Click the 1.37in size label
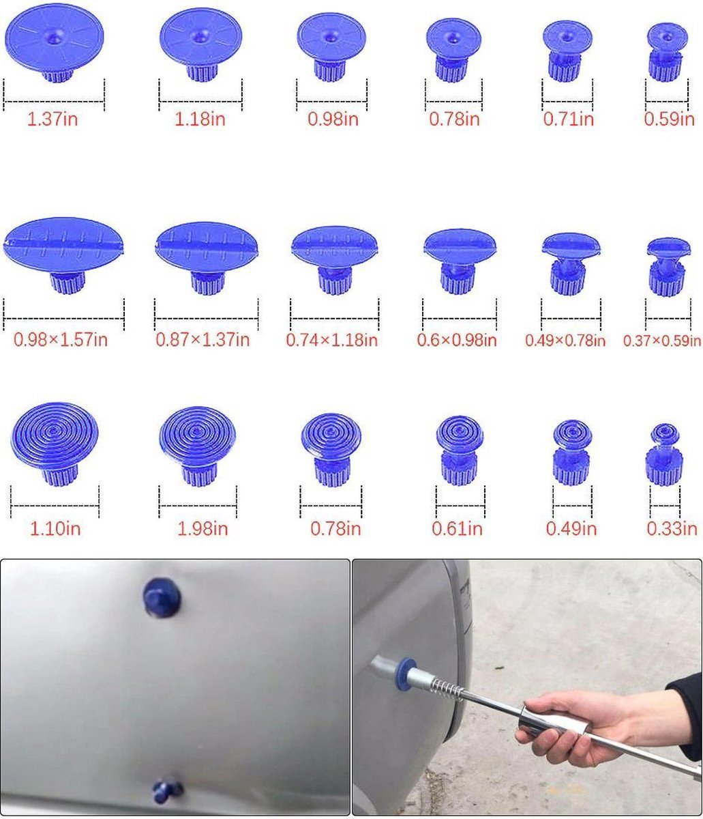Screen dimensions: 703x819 [x=53, y=119]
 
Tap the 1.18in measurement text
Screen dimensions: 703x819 [x=200, y=119]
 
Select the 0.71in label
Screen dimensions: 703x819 [x=569, y=119]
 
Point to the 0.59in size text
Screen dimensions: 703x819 [x=669, y=119]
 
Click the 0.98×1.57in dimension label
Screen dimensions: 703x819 [x=61, y=340]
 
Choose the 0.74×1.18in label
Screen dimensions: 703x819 [x=331, y=341]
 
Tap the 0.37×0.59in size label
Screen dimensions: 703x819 [x=662, y=341]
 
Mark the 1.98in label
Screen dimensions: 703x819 [x=203, y=529]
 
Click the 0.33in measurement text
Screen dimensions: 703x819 [x=672, y=529]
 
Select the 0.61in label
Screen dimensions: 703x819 [x=457, y=529]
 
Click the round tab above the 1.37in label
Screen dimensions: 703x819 [x=55, y=42]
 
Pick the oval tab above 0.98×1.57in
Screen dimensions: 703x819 [x=63, y=254]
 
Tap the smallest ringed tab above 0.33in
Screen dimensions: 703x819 [x=665, y=454]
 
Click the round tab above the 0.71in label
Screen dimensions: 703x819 [x=567, y=50]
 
